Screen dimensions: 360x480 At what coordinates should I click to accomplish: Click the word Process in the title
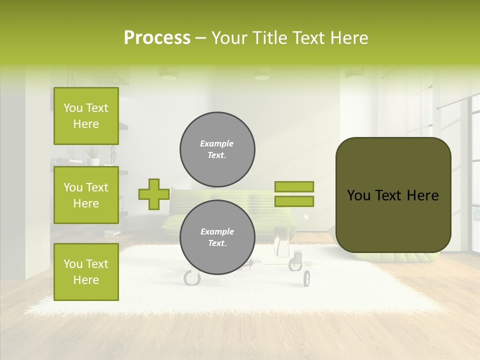(157, 38)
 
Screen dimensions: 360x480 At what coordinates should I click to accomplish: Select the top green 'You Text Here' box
(86, 116)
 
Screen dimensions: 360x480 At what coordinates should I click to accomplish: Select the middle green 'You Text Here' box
(86, 195)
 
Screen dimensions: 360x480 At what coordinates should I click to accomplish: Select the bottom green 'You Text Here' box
(86, 271)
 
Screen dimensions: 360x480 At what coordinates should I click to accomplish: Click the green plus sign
(153, 194)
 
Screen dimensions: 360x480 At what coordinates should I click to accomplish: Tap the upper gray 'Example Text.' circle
(217, 149)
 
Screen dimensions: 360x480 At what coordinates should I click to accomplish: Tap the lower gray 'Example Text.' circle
(217, 237)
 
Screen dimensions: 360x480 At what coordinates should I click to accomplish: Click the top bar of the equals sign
(294, 186)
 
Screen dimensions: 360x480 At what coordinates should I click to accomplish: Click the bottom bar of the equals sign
(294, 201)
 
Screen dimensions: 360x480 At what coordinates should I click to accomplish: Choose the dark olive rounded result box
(393, 195)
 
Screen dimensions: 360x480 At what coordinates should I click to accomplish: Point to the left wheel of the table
(192, 277)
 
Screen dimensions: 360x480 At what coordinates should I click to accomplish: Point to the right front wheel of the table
(306, 278)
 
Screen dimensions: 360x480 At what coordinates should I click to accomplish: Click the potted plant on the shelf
(93, 155)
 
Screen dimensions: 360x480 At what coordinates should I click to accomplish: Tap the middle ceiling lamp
(262, 73)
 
